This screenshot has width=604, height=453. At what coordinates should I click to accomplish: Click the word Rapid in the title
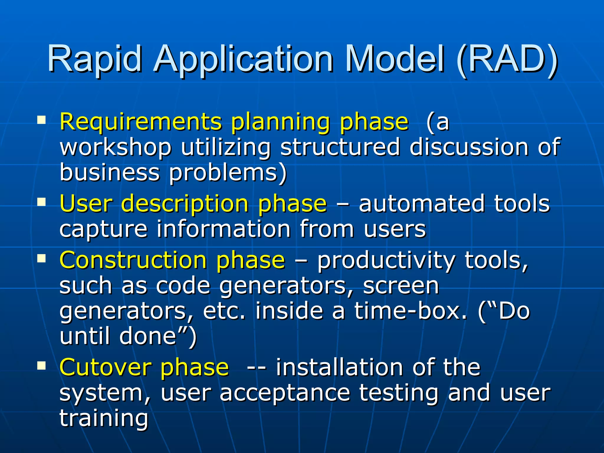94,59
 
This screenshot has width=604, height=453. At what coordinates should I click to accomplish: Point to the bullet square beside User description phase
42,202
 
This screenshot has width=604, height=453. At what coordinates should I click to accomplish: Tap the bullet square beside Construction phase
42,259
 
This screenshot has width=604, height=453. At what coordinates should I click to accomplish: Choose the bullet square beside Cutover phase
42,366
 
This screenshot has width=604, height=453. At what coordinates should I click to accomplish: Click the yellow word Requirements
140,122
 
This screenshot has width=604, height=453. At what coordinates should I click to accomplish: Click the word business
109,172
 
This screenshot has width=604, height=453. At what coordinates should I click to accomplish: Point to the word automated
421,203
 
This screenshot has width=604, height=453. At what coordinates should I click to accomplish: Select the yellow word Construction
133,260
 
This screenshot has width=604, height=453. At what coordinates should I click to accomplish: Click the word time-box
411,311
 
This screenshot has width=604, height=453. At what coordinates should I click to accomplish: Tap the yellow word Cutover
105,367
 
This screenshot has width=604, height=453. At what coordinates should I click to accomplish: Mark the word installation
339,367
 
